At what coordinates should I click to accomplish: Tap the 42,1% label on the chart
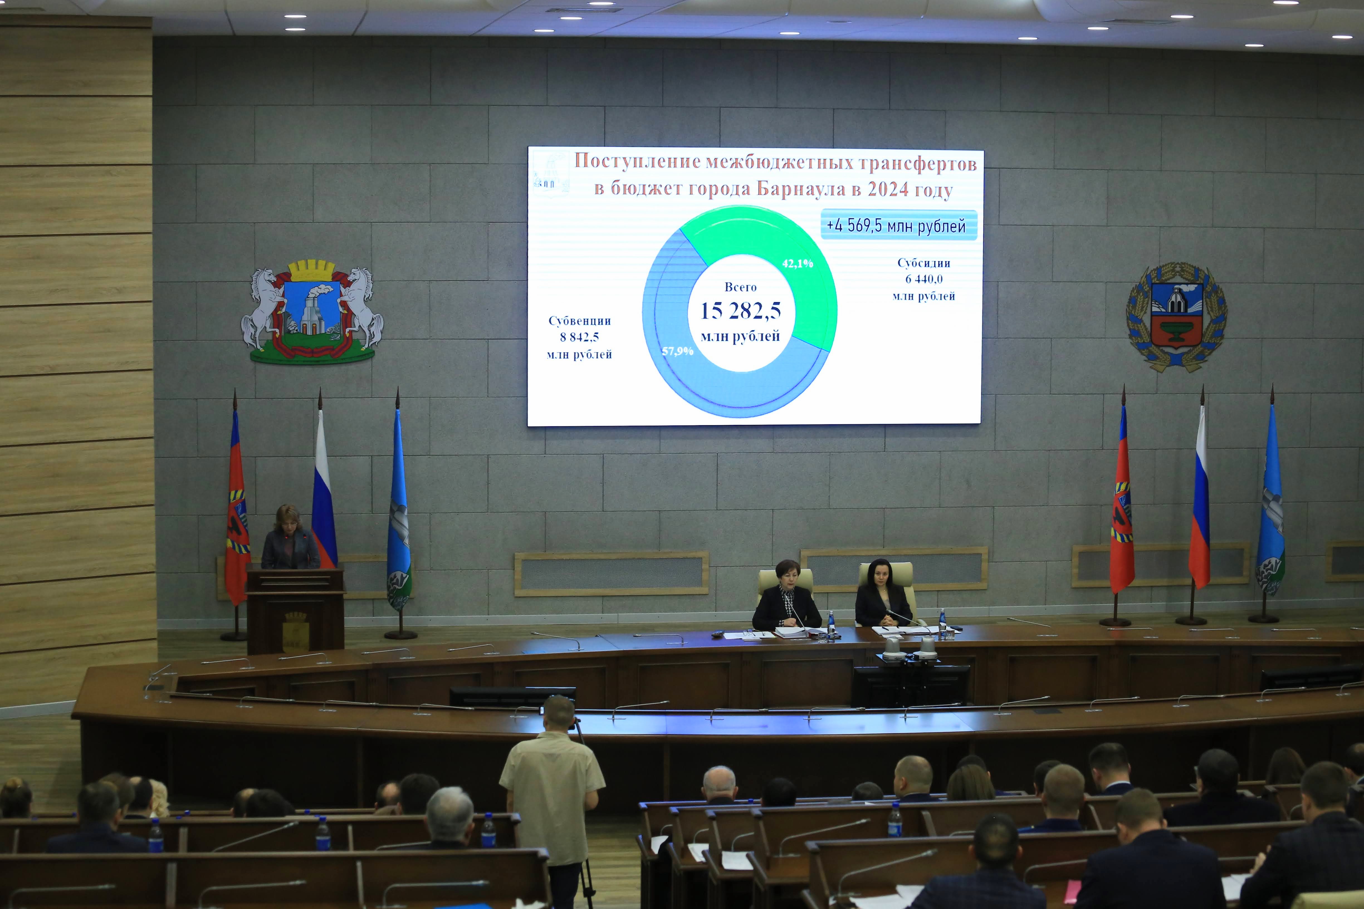coord(797,264)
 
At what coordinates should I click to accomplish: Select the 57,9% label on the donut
coord(677,351)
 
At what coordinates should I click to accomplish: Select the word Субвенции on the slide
coord(579,320)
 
